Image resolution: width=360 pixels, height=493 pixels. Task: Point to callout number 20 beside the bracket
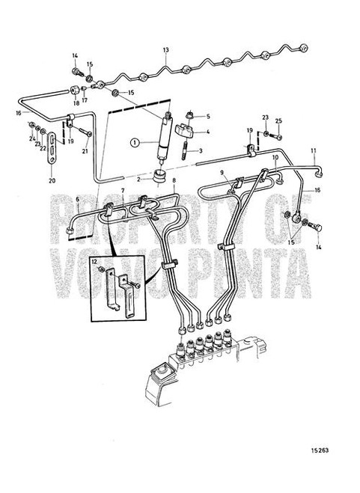[x=51, y=180]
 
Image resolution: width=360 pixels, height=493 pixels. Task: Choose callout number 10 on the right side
[x=275, y=159]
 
